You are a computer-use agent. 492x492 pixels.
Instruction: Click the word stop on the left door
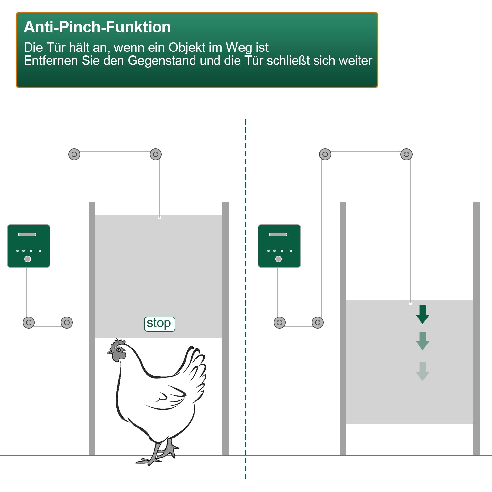tap(159, 323)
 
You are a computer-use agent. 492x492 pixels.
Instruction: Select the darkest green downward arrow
tap(422, 315)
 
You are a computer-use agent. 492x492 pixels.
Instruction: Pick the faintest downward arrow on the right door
tap(422, 372)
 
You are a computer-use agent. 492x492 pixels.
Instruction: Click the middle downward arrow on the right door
tap(422, 341)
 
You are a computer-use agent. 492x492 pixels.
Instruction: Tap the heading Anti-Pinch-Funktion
tap(97, 27)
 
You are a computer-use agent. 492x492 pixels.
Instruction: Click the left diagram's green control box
tap(29, 246)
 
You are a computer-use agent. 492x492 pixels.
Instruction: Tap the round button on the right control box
tap(278, 259)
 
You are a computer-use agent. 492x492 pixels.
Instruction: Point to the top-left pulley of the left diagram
tap(74, 154)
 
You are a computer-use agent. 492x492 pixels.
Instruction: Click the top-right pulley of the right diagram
tap(406, 154)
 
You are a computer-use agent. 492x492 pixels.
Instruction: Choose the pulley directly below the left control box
tap(29, 322)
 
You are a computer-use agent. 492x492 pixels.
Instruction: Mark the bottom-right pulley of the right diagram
tap(318, 322)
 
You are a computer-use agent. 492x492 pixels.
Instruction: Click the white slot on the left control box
tap(27, 234)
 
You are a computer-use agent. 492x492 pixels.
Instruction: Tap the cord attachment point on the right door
tap(411, 304)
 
